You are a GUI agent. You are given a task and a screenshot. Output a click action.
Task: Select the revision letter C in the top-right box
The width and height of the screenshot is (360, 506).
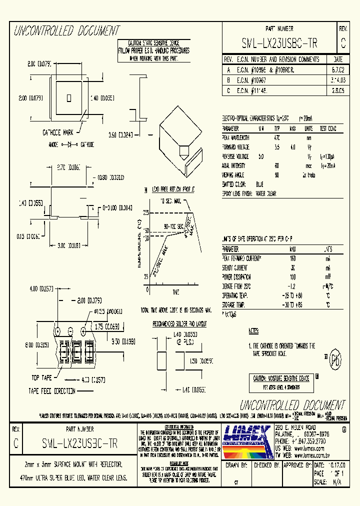[342, 43]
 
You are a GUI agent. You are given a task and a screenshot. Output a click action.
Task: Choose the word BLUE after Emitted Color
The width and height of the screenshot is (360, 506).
[259, 184]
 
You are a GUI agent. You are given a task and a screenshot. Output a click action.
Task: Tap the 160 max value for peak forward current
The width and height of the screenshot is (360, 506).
[292, 258]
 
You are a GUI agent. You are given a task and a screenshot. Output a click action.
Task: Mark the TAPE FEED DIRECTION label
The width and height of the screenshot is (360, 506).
[52, 391]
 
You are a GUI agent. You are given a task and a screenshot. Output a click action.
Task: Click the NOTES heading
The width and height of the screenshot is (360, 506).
[254, 331]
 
